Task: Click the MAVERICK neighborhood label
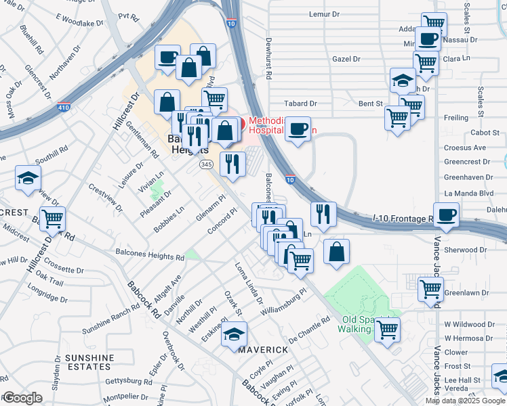263,349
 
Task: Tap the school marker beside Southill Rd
28,178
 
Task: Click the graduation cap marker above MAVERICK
234,334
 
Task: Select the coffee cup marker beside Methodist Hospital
298,129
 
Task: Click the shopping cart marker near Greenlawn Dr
431,289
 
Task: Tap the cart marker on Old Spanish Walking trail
388,330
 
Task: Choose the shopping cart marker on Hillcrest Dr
52,219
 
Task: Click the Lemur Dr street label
324,14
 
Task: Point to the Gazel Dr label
346,59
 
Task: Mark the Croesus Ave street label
465,148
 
